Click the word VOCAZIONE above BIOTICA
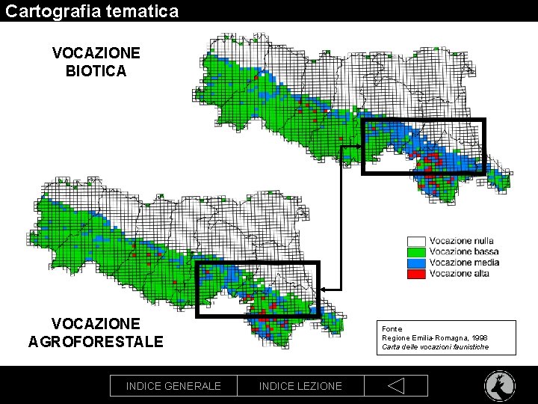(96, 53)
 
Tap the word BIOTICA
(96, 71)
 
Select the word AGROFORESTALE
(96, 342)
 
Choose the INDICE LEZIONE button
(300, 386)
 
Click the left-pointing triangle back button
(396, 386)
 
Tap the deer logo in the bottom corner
(498, 385)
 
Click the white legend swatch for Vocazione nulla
(416, 241)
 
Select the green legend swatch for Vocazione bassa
(416, 252)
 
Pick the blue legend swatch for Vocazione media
(416, 263)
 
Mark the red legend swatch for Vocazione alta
(416, 274)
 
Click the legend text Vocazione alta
(461, 274)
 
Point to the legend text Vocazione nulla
(462, 241)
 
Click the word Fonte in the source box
(392, 329)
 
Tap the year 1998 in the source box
(479, 338)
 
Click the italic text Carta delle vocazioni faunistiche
(435, 347)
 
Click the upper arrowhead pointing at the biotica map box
(358, 147)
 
